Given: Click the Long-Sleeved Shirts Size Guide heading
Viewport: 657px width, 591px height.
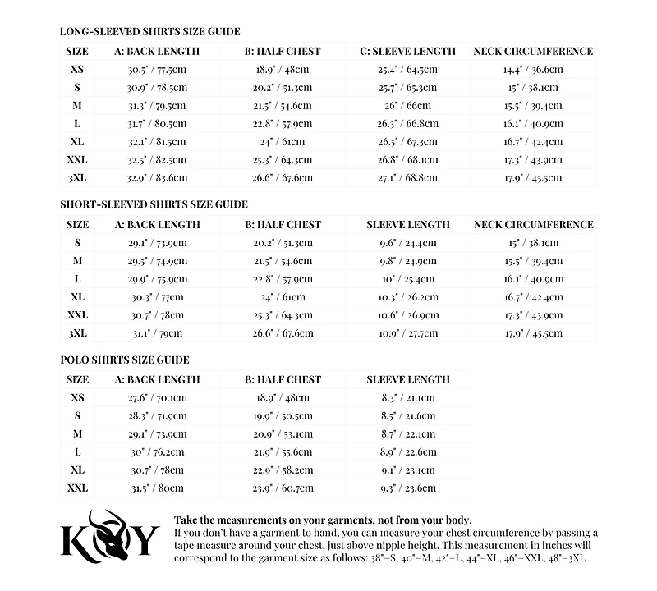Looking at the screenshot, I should click(149, 32).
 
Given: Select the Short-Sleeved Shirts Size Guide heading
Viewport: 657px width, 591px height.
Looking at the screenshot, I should click(154, 204).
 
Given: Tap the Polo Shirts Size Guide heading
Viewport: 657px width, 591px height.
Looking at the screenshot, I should click(124, 360).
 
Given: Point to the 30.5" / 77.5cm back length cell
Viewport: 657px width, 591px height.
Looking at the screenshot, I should click(157, 70).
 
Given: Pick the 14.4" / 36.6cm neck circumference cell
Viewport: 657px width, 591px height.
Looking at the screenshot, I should click(533, 70).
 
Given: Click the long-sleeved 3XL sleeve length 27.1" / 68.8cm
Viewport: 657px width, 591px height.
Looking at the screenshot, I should click(407, 177).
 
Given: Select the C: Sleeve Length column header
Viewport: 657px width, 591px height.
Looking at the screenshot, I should click(407, 51).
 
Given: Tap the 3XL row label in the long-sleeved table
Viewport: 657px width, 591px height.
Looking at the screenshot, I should click(77, 177).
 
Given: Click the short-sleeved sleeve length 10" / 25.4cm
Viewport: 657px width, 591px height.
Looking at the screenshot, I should click(407, 279).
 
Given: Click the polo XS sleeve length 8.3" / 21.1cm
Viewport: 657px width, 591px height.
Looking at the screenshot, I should click(407, 398).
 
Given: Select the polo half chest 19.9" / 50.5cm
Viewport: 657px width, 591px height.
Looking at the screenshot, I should click(283, 416).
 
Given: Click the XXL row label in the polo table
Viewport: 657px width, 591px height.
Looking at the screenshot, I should click(77, 488).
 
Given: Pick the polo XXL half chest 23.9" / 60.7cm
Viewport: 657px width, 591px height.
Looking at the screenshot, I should click(283, 488).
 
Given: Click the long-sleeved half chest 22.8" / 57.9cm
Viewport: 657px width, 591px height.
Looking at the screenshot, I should click(283, 124).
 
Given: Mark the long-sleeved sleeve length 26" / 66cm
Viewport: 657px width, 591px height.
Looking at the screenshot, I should click(407, 106).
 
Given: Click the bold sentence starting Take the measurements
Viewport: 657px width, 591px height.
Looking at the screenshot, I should click(323, 520).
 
